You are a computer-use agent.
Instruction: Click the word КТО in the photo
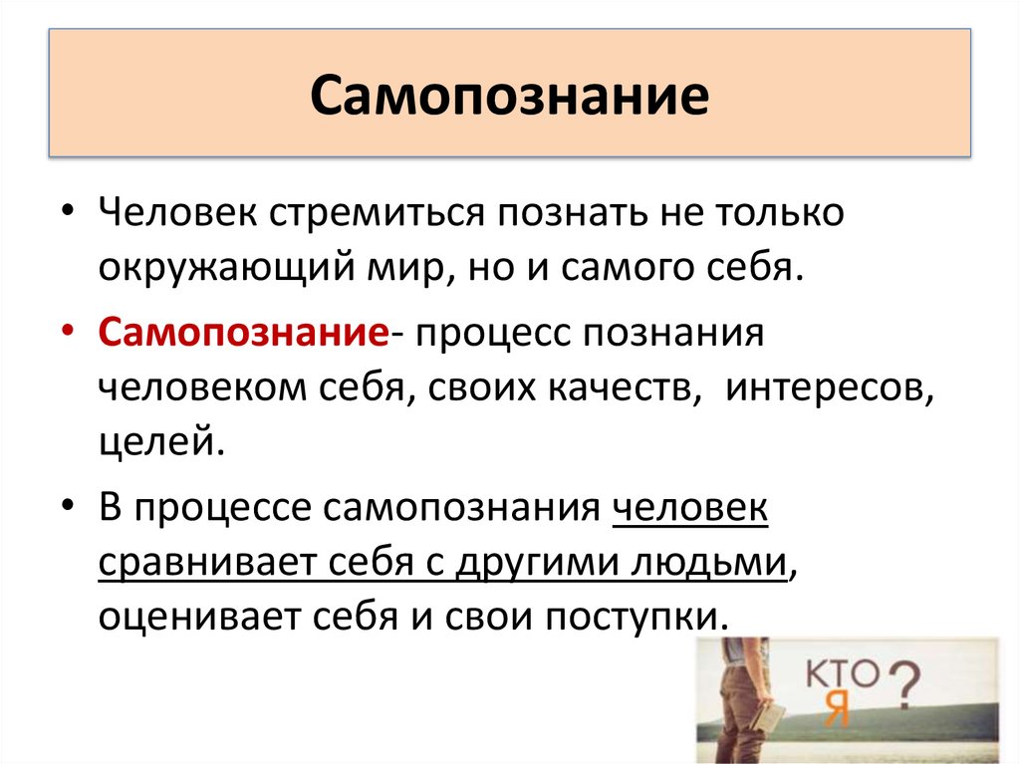pos(845,673)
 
